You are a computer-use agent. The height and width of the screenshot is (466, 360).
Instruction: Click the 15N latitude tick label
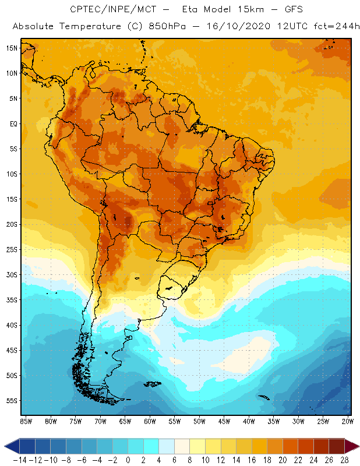11,48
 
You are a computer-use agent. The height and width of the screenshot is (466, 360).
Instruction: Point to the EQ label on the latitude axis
12,123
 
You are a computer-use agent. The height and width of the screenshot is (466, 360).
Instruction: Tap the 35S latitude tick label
11,299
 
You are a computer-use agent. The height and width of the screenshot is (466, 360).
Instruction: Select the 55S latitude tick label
11,400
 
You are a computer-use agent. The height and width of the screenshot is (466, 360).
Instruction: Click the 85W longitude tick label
26,421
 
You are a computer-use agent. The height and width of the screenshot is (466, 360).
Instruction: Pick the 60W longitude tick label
150,421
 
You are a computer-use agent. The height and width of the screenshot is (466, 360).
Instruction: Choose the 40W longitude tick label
249,421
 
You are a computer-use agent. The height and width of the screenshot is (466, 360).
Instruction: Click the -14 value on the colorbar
20,460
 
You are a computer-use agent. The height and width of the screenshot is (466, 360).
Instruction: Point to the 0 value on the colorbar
128,460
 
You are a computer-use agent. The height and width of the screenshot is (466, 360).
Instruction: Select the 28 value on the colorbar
344,460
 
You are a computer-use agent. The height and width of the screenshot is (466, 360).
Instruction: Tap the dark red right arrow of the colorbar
352,446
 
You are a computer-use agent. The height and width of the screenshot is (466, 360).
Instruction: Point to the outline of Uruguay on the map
175,285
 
